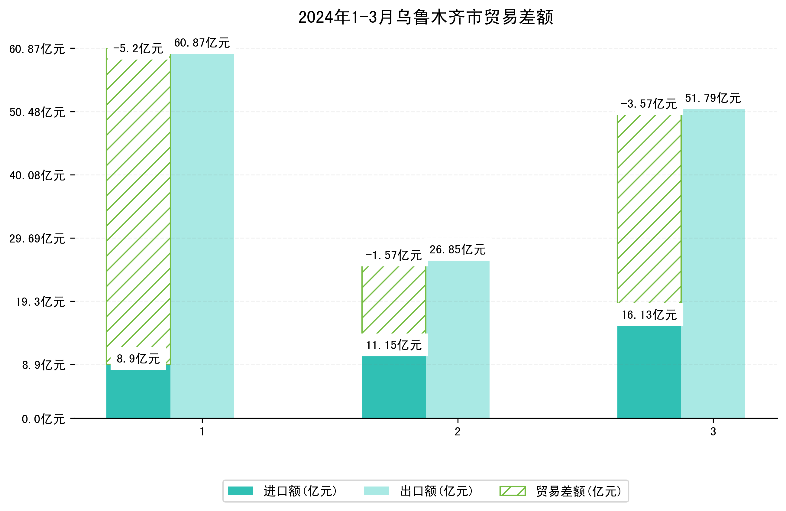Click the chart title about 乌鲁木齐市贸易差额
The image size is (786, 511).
(425, 17)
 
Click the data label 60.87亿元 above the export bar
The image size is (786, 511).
(202, 43)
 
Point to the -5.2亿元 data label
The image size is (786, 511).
(138, 49)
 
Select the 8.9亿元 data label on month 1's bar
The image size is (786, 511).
(138, 359)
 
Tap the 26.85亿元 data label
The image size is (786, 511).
(458, 250)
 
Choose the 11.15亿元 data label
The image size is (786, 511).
(394, 345)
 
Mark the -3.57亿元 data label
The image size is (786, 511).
(649, 104)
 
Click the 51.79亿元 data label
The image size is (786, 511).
(713, 99)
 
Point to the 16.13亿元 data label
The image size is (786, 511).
(649, 315)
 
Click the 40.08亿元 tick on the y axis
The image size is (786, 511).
(37, 175)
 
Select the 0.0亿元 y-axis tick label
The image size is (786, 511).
(43, 419)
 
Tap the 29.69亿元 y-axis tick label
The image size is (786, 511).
(37, 239)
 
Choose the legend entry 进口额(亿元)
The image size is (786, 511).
(300, 491)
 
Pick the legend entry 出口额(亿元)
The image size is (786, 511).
(436, 491)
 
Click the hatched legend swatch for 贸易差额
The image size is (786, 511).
(512, 491)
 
